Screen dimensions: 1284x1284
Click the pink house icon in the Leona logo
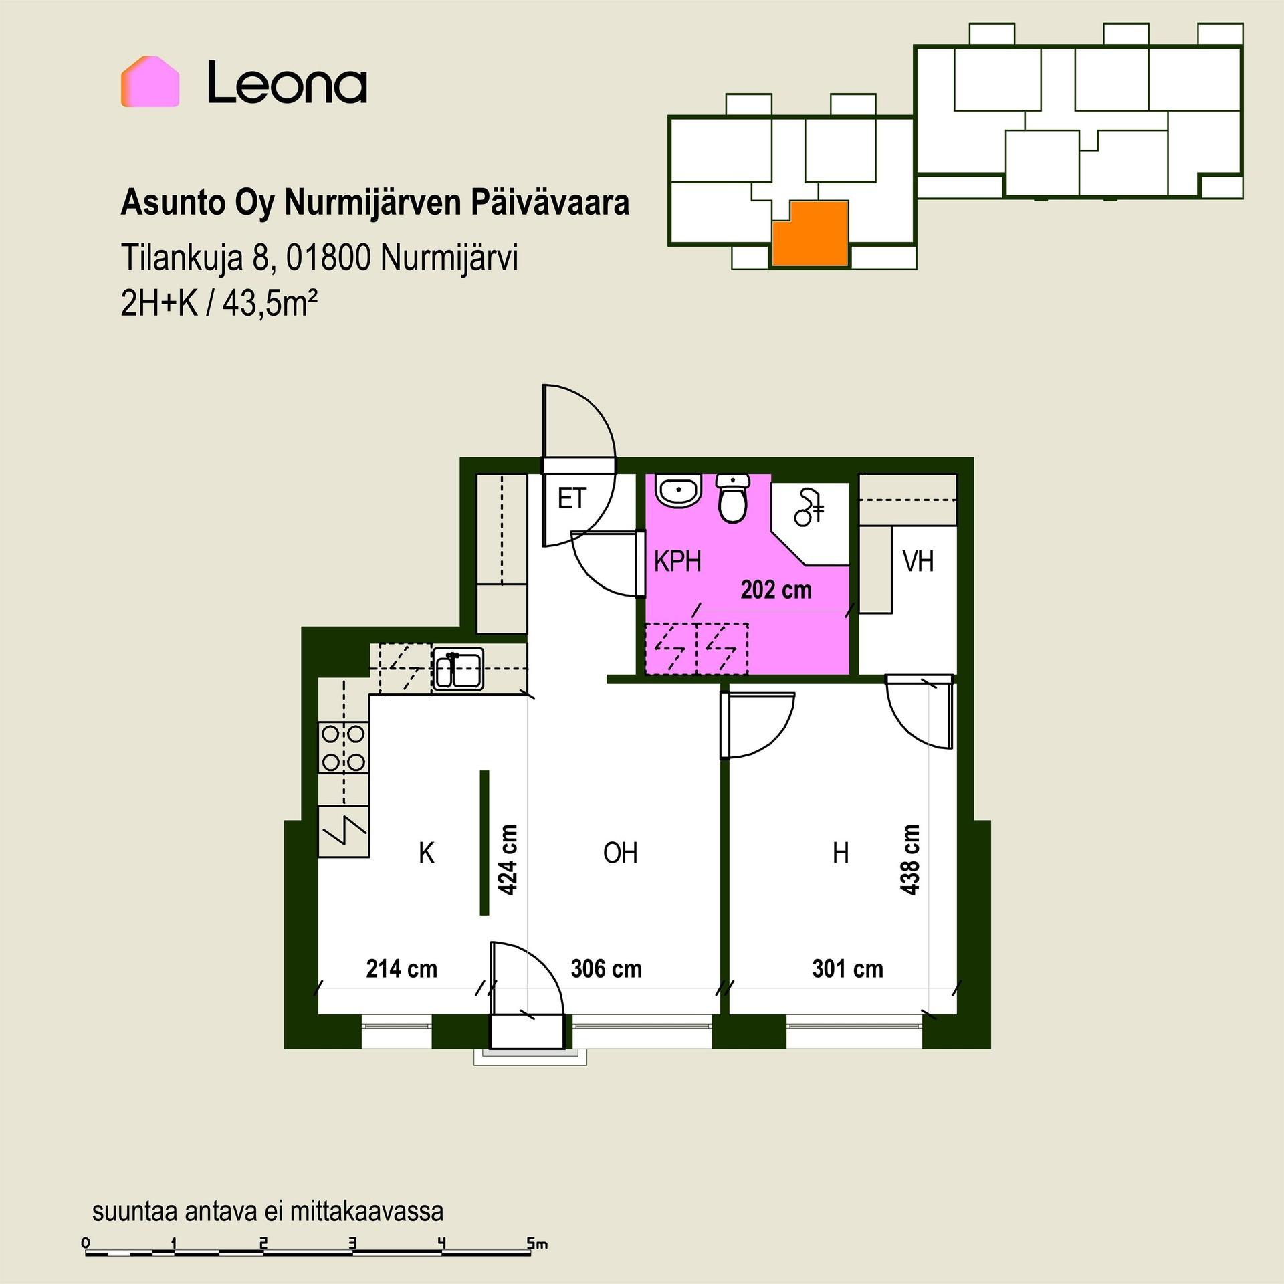150,82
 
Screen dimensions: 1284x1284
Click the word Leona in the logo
287,82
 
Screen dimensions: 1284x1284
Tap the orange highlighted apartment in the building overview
811,234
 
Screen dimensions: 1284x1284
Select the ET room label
572,498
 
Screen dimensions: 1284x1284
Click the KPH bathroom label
677,562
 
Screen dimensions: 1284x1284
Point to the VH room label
918,562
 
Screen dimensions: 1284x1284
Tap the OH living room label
620,853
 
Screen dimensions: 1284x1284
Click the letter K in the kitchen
427,853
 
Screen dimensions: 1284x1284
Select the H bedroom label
841,853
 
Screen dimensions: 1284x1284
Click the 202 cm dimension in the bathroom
776,590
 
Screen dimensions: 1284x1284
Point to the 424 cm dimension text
508,860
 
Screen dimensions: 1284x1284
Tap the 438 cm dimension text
910,860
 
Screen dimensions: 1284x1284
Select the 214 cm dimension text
401,969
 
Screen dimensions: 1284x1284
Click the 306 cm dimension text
606,969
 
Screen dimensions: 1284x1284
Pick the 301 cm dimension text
847,969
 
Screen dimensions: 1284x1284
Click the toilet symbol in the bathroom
733,498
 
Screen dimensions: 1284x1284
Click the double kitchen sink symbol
458,669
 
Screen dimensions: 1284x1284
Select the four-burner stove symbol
343,748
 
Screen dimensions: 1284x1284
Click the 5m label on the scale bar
538,1243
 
